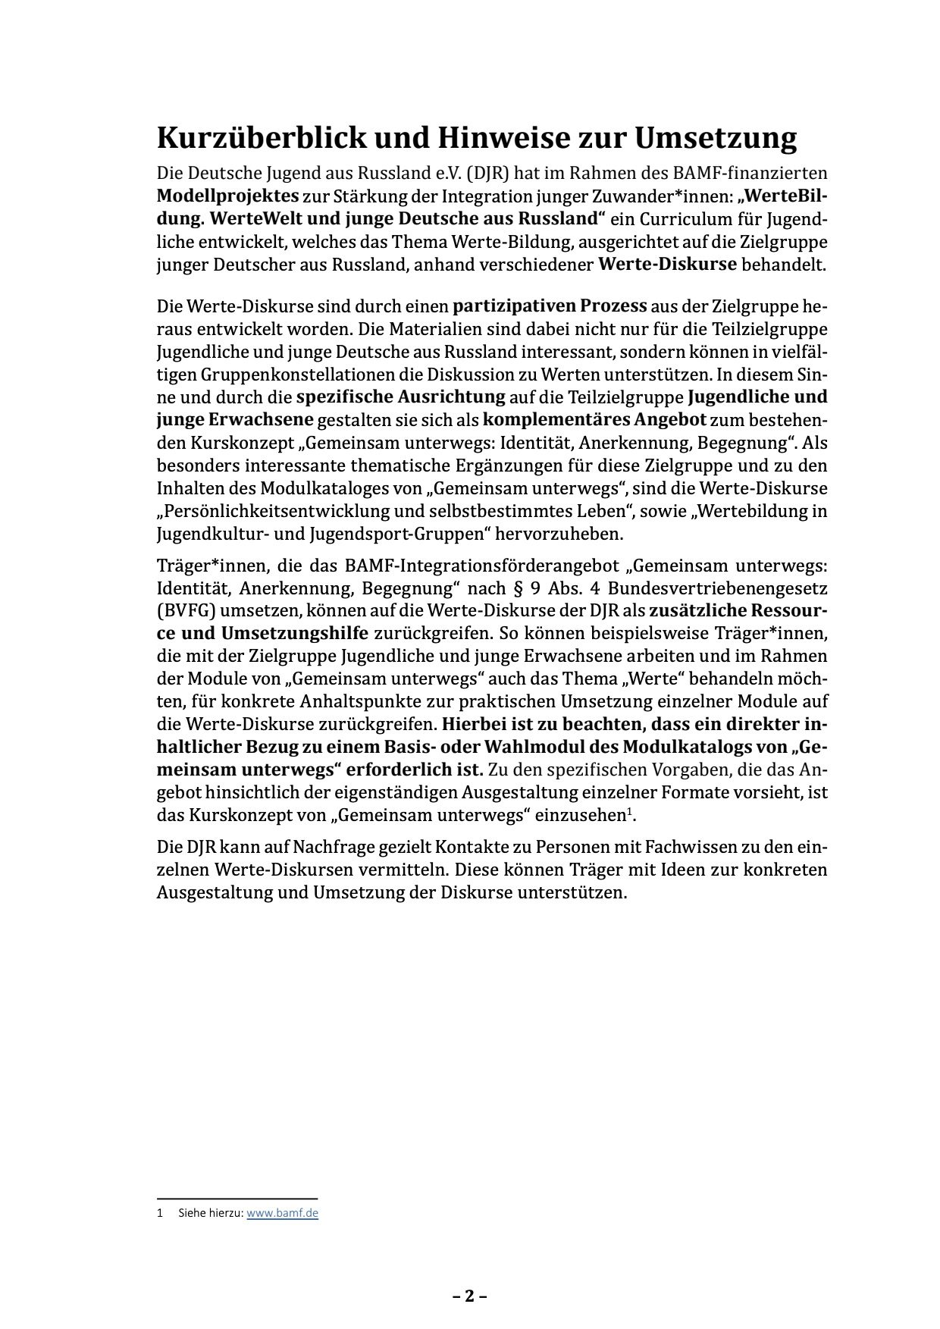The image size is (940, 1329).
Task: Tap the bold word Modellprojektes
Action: pos(227,196)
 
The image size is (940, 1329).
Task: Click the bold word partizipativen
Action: pos(513,306)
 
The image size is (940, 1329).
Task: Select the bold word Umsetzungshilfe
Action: pos(294,633)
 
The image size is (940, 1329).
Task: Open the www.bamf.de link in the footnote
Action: pos(282,1213)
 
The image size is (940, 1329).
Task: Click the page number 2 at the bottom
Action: pos(470,1296)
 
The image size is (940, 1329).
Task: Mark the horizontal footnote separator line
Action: pos(237,1199)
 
